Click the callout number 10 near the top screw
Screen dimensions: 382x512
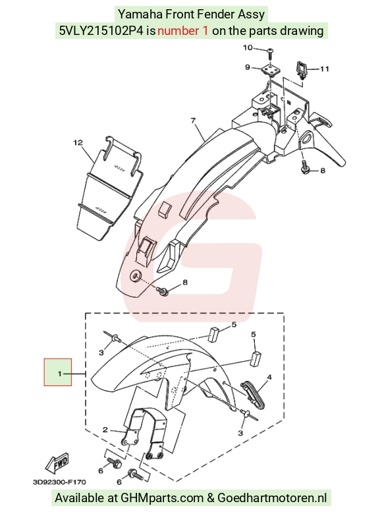coord(248,47)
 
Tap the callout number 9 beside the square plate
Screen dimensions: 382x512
coord(248,67)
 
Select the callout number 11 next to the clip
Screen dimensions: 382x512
coord(324,69)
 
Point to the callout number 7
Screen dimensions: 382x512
coord(193,121)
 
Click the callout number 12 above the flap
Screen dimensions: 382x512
coord(78,143)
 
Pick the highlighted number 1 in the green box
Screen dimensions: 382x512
coord(59,373)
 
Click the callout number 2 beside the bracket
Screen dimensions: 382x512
coord(105,430)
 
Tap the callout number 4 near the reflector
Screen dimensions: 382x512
coord(269,378)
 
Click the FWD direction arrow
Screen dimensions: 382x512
coord(57,463)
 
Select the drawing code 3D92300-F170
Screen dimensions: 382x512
coord(59,482)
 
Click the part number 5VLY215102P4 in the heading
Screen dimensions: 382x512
coord(101,31)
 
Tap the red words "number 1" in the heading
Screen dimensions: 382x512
coord(182,31)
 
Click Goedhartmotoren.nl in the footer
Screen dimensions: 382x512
coord(272,498)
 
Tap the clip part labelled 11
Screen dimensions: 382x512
coord(301,69)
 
